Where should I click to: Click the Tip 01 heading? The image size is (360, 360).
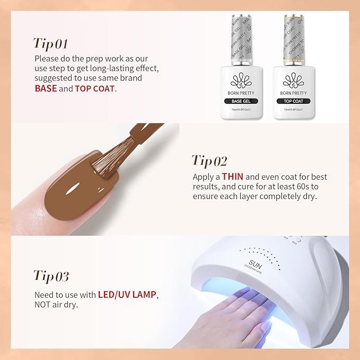click(x=50, y=43)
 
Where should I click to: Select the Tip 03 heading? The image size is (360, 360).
click(x=51, y=276)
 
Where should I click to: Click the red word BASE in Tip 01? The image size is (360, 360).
click(x=46, y=88)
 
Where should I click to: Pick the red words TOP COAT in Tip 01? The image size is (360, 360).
click(x=94, y=88)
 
